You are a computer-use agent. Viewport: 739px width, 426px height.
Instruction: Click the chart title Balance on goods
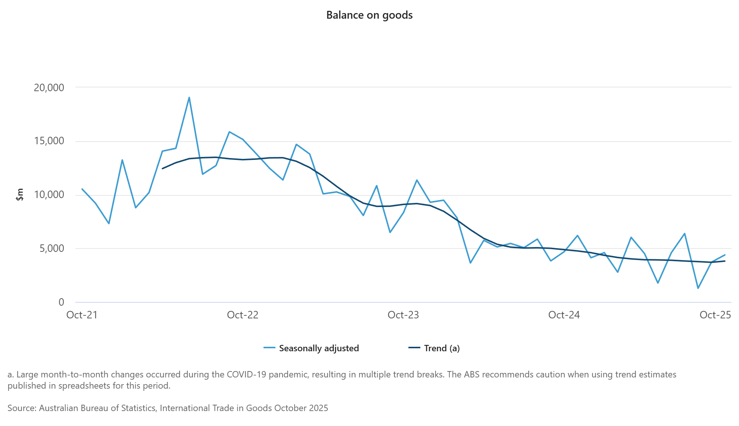(369, 15)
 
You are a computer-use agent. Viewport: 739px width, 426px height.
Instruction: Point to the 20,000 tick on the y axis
(49, 88)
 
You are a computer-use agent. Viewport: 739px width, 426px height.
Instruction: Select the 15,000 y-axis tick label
(49, 141)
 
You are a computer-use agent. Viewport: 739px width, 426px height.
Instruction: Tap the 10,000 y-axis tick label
(49, 195)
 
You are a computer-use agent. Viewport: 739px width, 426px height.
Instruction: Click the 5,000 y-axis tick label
(52, 248)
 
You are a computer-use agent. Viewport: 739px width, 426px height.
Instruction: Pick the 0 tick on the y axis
(61, 302)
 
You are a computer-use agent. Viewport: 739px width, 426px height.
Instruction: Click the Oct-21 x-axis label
(82, 315)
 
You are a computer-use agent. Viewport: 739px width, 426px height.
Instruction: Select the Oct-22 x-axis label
(243, 315)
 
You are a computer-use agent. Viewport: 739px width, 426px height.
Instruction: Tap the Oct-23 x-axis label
(403, 315)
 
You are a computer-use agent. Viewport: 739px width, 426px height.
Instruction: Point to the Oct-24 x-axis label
(564, 315)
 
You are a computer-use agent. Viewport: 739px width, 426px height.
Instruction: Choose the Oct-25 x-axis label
(715, 315)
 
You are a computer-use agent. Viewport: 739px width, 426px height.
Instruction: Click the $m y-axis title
(20, 195)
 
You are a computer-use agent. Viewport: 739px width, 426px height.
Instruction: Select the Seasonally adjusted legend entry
(319, 348)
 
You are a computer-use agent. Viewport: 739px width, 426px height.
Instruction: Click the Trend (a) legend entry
(442, 348)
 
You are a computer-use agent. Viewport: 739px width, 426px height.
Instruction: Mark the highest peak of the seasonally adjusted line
(189, 98)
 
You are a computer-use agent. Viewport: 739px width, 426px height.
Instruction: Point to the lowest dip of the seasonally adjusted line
(698, 288)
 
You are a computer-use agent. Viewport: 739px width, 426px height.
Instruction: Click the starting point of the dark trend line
(162, 169)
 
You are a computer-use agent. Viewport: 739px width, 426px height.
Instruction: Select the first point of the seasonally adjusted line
(82, 189)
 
